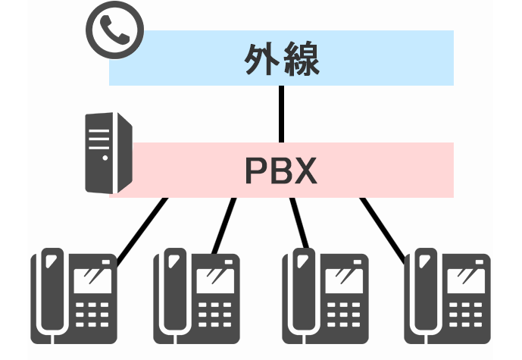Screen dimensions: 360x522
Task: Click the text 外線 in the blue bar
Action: point(282,58)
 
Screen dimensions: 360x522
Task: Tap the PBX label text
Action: point(281,171)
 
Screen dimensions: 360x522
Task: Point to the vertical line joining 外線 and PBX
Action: point(282,114)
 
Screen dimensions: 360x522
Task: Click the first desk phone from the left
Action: point(74,295)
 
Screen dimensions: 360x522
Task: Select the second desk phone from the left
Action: point(196,295)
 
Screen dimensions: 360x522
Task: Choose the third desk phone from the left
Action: point(324,295)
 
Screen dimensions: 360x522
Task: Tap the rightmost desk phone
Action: point(447,295)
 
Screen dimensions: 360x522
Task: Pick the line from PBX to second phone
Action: point(224,224)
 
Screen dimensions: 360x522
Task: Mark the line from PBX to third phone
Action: point(297,223)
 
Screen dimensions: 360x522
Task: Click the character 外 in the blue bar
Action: point(262,58)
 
